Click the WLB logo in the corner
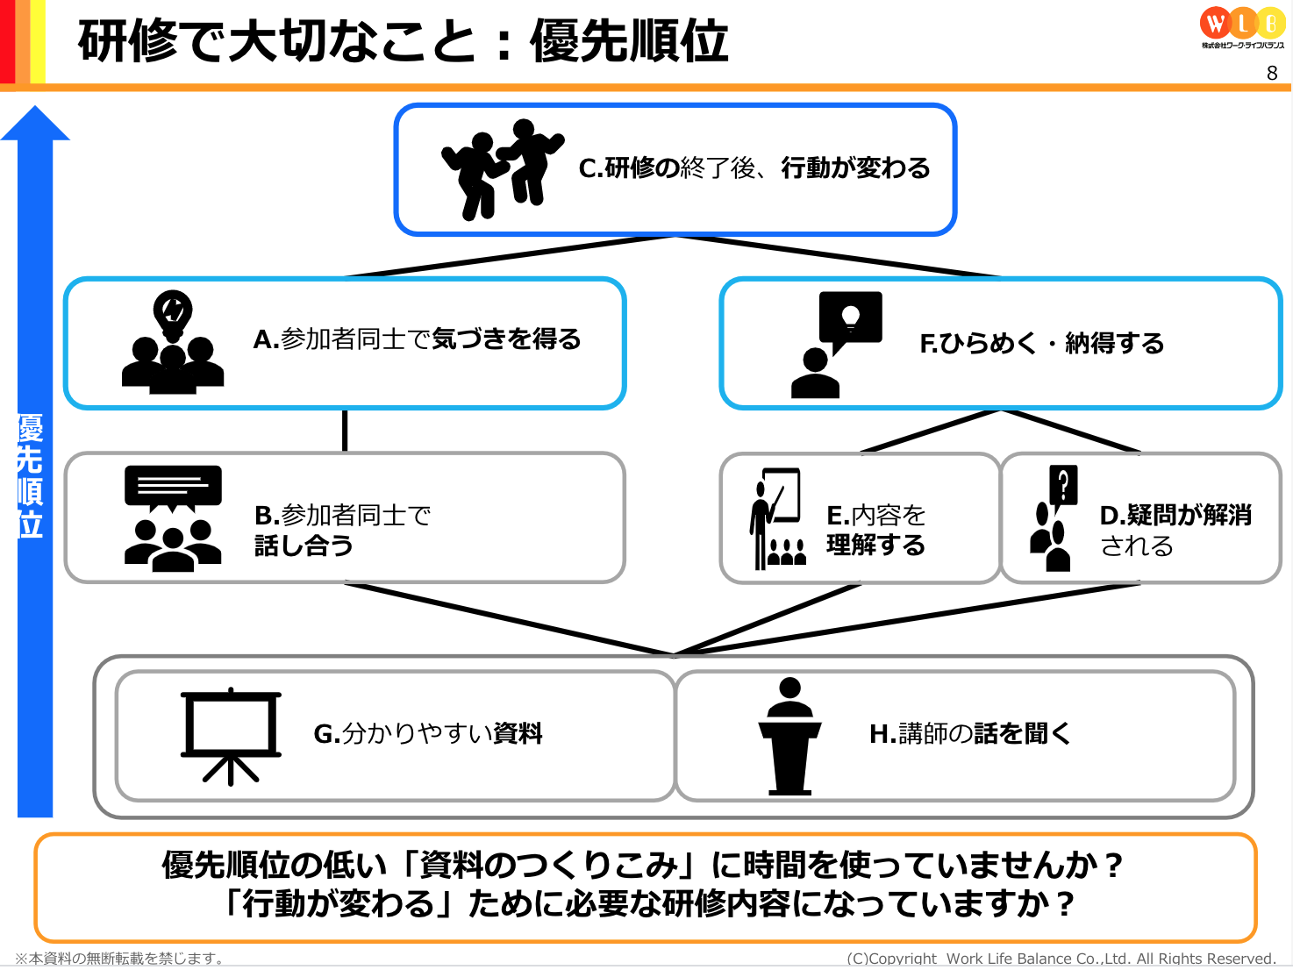pyautogui.click(x=1242, y=27)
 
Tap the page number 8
pyautogui.click(x=1272, y=73)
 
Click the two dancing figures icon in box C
pyautogui.click(x=503, y=169)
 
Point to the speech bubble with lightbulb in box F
pyautogui.click(x=850, y=322)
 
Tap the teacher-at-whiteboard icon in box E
pyautogui.click(x=777, y=518)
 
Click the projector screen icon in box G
pyautogui.click(x=231, y=736)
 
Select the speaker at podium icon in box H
pyautogui.click(x=789, y=736)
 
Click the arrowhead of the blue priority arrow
pyautogui.click(x=35, y=123)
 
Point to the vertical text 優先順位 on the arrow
pyautogui.click(x=30, y=476)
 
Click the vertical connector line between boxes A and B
pyautogui.click(x=345, y=431)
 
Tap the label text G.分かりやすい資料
pyautogui.click(x=428, y=734)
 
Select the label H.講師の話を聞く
pyautogui.click(x=969, y=734)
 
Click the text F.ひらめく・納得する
pyautogui.click(x=1041, y=343)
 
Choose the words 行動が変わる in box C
pyautogui.click(x=855, y=168)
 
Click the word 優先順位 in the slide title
pyautogui.click(x=629, y=41)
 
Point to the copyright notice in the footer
pyautogui.click(x=1061, y=959)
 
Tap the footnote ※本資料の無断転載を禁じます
pyautogui.click(x=119, y=959)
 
